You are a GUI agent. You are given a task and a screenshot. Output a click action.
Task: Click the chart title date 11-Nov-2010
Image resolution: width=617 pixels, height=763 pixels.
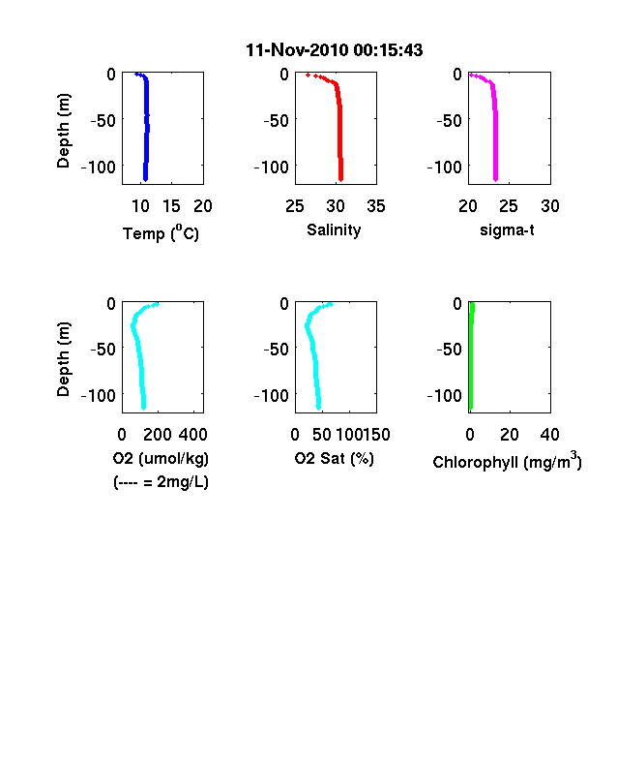297,50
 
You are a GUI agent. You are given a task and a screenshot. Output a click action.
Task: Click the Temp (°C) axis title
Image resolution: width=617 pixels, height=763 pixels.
161,233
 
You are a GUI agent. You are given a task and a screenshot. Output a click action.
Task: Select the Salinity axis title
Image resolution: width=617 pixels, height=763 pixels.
334,230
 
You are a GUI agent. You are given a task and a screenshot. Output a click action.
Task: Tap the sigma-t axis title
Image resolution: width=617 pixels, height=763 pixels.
507,229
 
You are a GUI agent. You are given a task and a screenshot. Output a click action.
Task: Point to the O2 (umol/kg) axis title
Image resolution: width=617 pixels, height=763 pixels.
161,458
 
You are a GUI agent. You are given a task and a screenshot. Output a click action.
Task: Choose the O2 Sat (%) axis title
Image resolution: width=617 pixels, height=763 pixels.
335,458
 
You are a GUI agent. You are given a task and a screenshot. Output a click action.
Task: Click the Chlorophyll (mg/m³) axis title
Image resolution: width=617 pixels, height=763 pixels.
507,460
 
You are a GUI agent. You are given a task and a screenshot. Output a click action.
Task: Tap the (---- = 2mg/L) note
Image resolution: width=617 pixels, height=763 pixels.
161,482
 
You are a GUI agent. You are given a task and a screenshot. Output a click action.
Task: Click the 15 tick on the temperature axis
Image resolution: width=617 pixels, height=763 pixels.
171,206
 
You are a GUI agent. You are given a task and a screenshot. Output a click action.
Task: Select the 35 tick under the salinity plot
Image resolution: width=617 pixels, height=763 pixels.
376,206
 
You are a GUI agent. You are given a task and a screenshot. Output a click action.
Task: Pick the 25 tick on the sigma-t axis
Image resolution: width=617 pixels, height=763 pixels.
508,206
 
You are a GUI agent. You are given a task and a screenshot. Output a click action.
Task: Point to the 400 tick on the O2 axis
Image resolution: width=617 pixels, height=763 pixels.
193,435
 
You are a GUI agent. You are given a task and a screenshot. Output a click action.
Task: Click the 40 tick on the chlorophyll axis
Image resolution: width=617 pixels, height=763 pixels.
549,435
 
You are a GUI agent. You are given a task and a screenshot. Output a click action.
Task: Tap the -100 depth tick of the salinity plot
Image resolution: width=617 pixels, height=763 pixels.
272,168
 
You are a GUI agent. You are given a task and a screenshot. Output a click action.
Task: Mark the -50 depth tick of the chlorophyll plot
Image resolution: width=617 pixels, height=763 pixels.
449,349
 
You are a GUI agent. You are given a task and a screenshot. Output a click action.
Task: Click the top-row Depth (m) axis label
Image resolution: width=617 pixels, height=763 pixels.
64,131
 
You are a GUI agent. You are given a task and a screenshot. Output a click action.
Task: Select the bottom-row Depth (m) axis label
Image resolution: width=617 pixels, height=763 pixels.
64,359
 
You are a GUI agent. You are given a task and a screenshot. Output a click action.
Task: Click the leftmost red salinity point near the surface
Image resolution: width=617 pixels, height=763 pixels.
308,75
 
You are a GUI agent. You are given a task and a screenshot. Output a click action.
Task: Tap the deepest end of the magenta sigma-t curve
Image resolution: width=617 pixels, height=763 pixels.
495,180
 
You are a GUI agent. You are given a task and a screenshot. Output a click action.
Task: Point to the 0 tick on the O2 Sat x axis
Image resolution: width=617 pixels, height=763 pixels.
295,435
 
